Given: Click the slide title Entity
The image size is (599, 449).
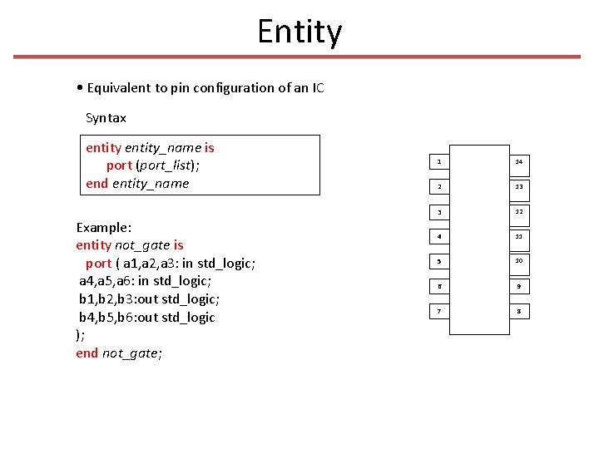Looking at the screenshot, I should [299, 32].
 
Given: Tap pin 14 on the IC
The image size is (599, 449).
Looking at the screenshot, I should [519, 160].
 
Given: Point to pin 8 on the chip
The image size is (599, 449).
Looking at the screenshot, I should [519, 311].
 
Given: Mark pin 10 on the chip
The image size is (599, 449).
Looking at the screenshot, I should [519, 261].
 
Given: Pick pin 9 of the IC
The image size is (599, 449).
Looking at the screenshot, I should [519, 286].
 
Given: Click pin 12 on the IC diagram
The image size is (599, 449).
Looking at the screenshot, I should [519, 211].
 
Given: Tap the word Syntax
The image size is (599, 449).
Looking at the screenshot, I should [106, 118].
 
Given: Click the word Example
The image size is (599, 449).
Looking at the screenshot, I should [103, 227].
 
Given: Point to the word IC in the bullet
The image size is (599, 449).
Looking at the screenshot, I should [317, 88].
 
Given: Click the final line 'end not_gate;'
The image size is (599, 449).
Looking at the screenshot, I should [119, 353].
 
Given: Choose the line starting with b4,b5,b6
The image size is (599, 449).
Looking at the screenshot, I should [146, 318].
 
